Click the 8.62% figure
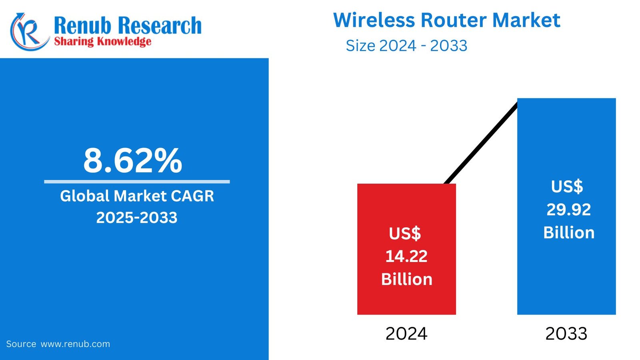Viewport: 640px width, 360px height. (x=132, y=161)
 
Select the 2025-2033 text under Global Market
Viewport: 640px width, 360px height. (x=137, y=218)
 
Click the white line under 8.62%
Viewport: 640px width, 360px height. (x=137, y=182)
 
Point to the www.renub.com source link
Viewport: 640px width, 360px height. (x=75, y=344)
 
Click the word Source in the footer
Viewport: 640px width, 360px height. (x=21, y=344)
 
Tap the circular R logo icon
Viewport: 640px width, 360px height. (x=28, y=32)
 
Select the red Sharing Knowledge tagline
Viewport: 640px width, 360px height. (x=102, y=41)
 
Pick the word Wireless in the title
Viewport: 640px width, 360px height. (x=374, y=20)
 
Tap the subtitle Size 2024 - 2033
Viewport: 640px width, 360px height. (x=406, y=46)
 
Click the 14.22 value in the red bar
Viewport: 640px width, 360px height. (x=406, y=256)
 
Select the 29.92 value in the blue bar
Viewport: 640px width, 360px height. (x=568, y=210)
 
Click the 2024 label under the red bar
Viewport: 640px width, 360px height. (x=406, y=334)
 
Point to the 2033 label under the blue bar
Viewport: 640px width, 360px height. (x=566, y=334)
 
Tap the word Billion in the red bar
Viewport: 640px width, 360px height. (x=406, y=279)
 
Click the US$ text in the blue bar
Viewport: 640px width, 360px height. (x=567, y=187)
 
